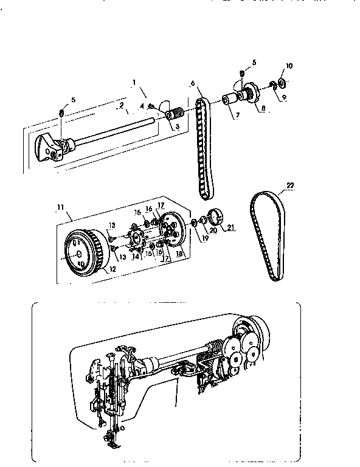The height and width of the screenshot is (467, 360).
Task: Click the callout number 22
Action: pyautogui.click(x=290, y=185)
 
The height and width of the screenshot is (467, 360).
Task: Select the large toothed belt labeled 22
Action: pyautogui.click(x=267, y=237)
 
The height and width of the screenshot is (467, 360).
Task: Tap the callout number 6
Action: pyautogui.click(x=192, y=83)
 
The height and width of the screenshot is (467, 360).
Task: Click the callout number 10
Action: pyautogui.click(x=288, y=65)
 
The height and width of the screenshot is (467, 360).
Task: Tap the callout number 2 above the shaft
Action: pyautogui.click(x=121, y=105)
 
